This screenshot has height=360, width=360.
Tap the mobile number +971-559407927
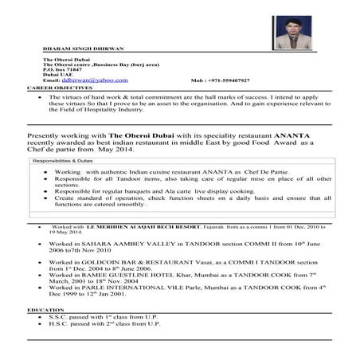221,80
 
